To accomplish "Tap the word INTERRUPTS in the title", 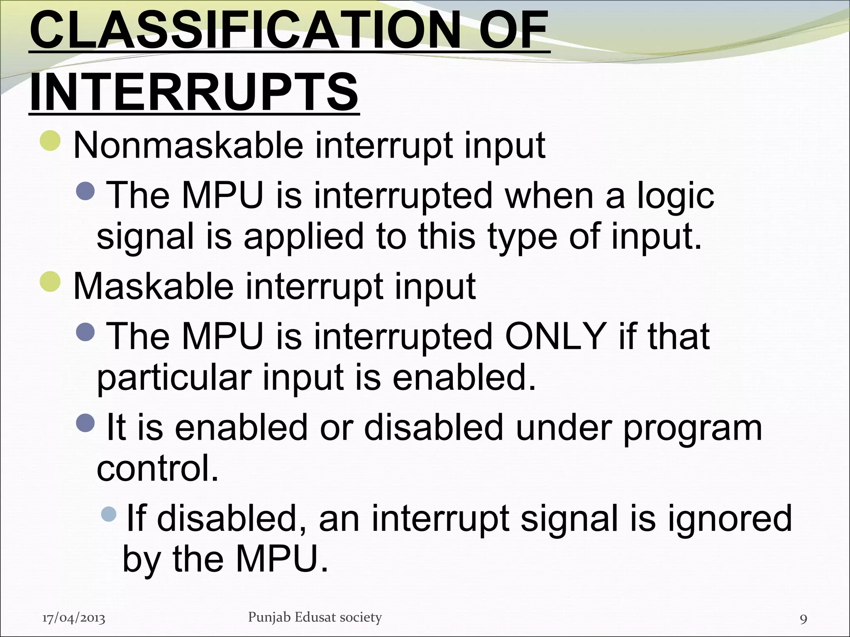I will (x=194, y=92).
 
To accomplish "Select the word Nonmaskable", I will (x=188, y=146).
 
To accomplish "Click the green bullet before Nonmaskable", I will (x=51, y=141).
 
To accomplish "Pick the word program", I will (x=693, y=428).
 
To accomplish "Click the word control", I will (x=157, y=469).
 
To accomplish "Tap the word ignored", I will (x=730, y=518).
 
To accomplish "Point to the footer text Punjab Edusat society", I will (x=315, y=618).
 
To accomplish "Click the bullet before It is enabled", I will (x=86, y=423).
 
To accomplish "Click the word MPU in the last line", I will (x=281, y=559).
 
